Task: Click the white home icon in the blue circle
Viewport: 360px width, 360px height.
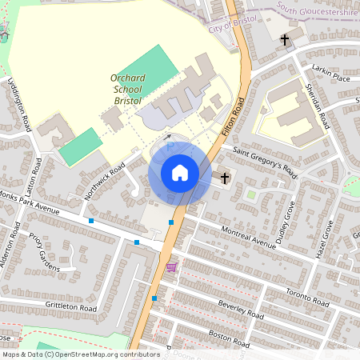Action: click(179, 173)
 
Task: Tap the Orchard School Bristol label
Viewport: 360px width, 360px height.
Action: click(127, 89)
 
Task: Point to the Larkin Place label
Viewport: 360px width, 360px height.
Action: click(331, 75)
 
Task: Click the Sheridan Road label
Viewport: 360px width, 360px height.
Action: click(318, 107)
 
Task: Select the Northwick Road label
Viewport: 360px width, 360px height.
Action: click(105, 180)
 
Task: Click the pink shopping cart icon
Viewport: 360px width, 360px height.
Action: click(170, 266)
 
